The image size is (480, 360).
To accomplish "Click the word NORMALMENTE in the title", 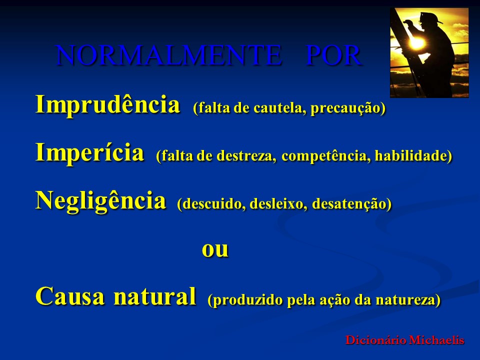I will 168,56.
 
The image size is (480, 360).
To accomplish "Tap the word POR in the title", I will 333,56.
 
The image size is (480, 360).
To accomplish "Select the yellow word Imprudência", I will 107,105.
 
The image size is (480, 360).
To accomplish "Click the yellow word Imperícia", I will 89,152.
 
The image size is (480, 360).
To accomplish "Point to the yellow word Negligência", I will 100,201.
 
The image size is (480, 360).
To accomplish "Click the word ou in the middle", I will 215,248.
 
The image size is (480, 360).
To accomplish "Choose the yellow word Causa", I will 70,296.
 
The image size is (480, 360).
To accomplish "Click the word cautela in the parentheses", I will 279,108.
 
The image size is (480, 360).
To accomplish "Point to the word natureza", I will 413,300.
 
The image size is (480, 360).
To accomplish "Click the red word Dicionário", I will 375,340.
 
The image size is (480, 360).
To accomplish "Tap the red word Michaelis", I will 437,340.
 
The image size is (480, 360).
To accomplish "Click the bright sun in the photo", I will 416,43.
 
